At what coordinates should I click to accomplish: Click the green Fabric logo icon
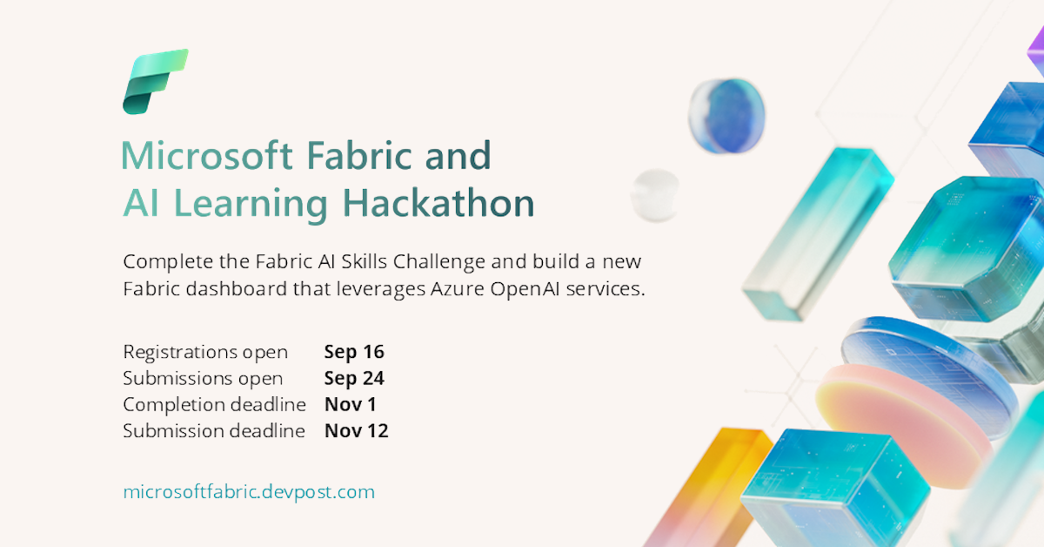155,82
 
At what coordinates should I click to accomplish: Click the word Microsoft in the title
206,156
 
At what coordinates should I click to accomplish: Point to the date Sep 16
354,352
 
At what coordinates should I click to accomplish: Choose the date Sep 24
354,378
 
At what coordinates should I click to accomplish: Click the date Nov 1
351,404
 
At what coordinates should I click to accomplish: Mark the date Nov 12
356,430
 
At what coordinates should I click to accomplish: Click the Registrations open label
205,352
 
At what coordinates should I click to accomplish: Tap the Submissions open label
203,378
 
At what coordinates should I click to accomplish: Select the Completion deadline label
214,404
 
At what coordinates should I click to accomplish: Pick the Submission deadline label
214,430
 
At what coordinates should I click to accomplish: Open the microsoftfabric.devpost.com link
249,491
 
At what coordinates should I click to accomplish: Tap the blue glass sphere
726,116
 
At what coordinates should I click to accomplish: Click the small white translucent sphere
655,194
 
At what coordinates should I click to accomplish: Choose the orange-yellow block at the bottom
705,488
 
